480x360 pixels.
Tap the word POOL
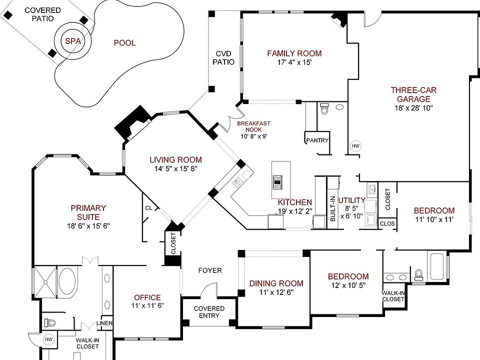click(124, 43)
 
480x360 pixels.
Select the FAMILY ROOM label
click(294, 53)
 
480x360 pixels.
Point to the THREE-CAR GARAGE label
click(413, 94)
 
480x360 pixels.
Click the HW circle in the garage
click(355, 146)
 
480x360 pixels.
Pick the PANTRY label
click(317, 140)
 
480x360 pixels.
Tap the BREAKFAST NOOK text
click(253, 126)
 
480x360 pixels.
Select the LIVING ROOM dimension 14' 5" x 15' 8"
click(176, 168)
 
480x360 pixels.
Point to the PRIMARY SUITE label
click(88, 212)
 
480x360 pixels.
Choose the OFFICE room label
click(147, 297)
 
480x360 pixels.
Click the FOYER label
click(210, 270)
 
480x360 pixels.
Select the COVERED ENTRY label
click(209, 312)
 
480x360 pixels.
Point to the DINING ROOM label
click(276, 283)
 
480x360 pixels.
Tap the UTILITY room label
click(352, 200)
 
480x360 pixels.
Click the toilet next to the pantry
click(323, 108)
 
